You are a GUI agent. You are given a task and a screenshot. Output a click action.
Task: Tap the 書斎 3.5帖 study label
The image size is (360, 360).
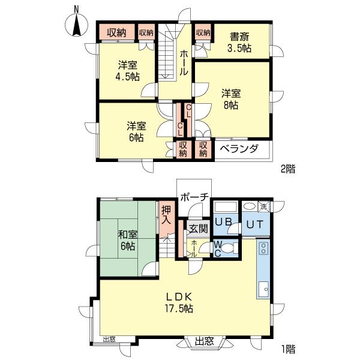(239, 41)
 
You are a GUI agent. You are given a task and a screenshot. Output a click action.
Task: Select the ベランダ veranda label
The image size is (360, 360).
(238, 149)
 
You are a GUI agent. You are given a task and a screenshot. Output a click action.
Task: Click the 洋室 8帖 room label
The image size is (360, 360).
(230, 100)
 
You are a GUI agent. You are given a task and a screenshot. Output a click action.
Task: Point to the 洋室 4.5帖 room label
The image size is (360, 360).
(128, 71)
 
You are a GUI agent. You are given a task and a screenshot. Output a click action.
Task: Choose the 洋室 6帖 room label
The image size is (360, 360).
(136, 131)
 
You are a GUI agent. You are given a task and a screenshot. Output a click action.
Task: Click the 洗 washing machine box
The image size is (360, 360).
(264, 207)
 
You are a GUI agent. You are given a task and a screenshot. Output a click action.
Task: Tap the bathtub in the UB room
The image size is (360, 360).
(226, 208)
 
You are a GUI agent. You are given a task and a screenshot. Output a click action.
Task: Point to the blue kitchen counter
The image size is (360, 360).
(263, 270)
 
